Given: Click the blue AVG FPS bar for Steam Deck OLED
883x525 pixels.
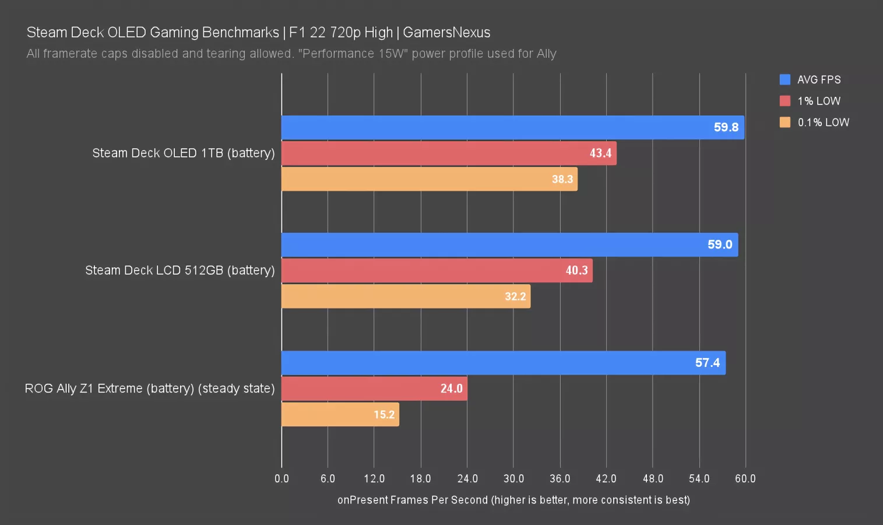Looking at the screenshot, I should tap(495, 127).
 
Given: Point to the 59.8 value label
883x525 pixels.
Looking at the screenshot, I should tap(726, 127).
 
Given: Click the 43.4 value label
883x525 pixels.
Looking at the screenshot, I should tap(600, 153).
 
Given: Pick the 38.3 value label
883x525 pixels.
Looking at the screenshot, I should tap(562, 179).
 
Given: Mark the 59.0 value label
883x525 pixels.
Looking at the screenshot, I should tap(720, 244).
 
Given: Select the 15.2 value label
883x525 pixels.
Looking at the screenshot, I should tap(384, 415).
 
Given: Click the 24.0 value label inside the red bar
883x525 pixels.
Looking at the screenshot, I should tap(451, 388).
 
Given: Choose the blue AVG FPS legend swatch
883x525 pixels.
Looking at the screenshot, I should tap(785, 79).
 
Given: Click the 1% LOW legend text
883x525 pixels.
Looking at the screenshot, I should tap(819, 101).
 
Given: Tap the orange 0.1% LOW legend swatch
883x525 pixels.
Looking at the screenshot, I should tap(785, 122).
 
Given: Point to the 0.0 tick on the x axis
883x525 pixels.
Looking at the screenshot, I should tap(282, 478).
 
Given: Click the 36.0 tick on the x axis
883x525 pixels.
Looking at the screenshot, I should tap(560, 478).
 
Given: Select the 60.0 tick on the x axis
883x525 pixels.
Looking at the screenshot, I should tap(745, 478).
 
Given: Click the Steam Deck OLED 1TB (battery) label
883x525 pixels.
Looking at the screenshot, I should tap(183, 153).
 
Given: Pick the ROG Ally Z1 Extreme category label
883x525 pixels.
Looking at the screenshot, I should tap(149, 388).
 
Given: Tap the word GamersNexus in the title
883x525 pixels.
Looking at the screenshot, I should tap(446, 32).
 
